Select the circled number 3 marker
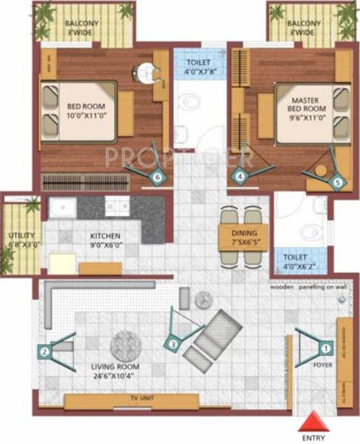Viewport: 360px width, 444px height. (x=172, y=343)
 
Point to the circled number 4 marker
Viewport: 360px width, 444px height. (x=239, y=176)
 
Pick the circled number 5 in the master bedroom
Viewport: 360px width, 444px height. (x=337, y=180)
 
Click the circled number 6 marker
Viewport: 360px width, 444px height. (x=157, y=177)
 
